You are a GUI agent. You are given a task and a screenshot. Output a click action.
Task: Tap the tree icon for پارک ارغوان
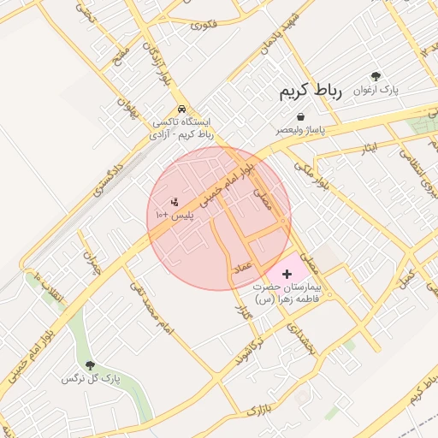[376, 76]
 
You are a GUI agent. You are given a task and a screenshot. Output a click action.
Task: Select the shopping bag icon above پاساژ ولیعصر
[300, 115]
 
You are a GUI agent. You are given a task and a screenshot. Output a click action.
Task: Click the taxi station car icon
[182, 109]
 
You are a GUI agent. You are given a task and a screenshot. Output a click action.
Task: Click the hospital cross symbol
[287, 272]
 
